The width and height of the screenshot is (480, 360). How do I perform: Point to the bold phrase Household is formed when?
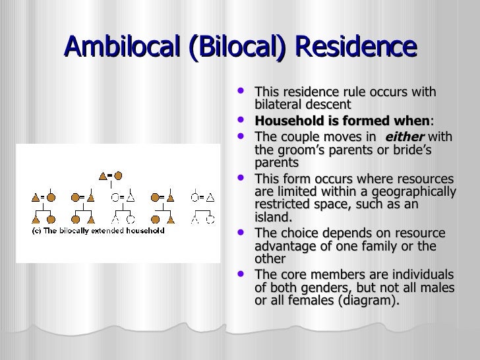tap(341, 121)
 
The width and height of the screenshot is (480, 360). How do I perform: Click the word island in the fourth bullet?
tap(272, 217)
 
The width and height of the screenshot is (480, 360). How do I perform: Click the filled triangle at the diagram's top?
tap(102, 176)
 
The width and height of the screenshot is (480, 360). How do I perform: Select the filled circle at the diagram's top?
tap(119, 176)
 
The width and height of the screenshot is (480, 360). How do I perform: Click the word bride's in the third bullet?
tap(411, 150)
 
